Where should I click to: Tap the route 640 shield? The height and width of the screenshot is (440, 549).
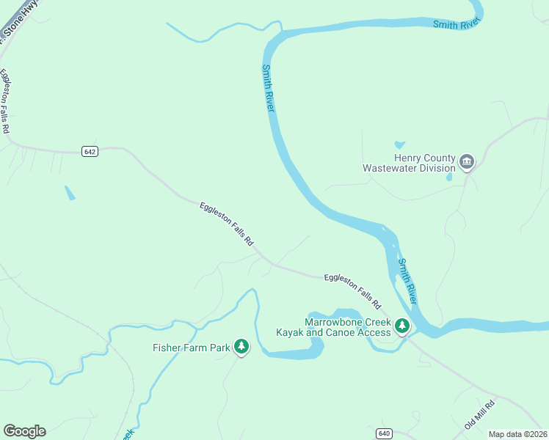[384, 433]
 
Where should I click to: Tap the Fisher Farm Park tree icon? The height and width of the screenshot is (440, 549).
[241, 347]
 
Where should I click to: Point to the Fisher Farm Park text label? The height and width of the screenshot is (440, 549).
[192, 348]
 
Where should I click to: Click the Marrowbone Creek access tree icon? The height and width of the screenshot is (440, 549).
[401, 325]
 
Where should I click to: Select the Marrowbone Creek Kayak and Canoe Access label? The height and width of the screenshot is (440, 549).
[333, 327]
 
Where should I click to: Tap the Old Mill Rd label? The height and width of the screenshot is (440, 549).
[480, 415]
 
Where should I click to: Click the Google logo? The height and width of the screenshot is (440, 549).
[24, 431]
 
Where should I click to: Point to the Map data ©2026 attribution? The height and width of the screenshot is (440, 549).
[517, 434]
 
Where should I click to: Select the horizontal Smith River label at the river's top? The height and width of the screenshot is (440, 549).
[455, 25]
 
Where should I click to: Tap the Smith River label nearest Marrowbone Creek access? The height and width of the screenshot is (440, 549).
[407, 281]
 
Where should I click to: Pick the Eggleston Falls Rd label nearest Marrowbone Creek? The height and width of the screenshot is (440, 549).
[353, 291]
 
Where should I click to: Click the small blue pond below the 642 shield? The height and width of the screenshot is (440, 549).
[69, 193]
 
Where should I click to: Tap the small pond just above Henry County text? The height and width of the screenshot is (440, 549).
[399, 144]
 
